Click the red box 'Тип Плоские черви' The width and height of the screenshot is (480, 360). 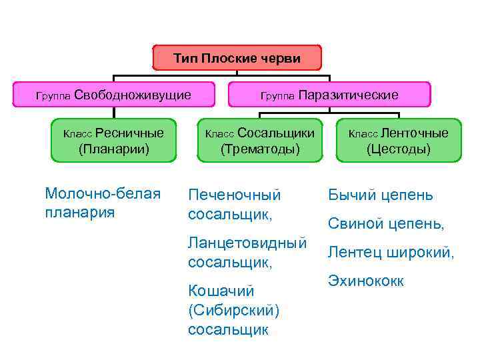pyautogui.click(x=237, y=58)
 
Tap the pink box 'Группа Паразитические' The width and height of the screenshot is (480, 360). pyautogui.click(x=329, y=95)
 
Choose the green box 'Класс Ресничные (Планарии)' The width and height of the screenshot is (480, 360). pyautogui.click(x=114, y=140)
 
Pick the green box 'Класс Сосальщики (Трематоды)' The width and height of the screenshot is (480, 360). pyautogui.click(x=260, y=140)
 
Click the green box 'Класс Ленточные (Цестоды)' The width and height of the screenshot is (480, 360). pyautogui.click(x=399, y=140)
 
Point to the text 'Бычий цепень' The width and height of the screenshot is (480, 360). pyautogui.click(x=380, y=195)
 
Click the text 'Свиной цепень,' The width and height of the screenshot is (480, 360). pyautogui.click(x=385, y=224)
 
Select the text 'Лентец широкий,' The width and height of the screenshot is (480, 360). pyautogui.click(x=391, y=253)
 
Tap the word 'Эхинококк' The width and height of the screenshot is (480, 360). pyautogui.click(x=365, y=281)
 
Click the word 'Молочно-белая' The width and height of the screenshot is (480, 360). pyautogui.click(x=103, y=194)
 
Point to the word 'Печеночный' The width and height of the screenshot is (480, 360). pyautogui.click(x=235, y=195)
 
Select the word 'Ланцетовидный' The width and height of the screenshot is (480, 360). pyautogui.click(x=247, y=243)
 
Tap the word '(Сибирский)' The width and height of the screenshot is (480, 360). pyautogui.click(x=233, y=311)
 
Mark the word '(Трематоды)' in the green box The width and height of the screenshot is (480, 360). pyautogui.click(x=260, y=149)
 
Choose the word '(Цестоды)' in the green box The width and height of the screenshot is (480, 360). pyautogui.click(x=399, y=149)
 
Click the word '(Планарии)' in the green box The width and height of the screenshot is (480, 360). pyautogui.click(x=114, y=149)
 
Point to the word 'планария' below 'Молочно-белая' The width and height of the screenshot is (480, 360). pyautogui.click(x=79, y=213)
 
